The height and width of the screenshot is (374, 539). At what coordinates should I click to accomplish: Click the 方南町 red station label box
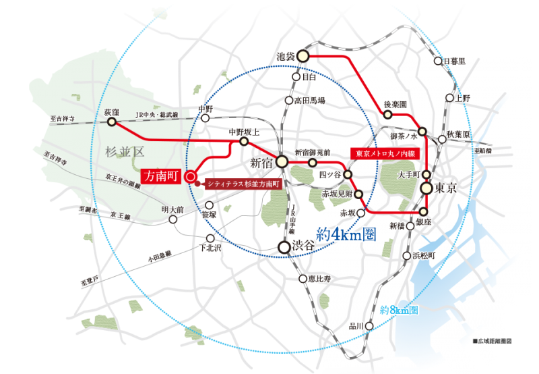162,176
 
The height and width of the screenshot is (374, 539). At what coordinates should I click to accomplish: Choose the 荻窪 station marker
111,122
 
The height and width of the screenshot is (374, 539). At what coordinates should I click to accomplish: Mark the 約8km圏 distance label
399,311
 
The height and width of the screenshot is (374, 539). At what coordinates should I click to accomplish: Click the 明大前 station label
172,210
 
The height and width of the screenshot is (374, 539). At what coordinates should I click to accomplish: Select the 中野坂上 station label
243,132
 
